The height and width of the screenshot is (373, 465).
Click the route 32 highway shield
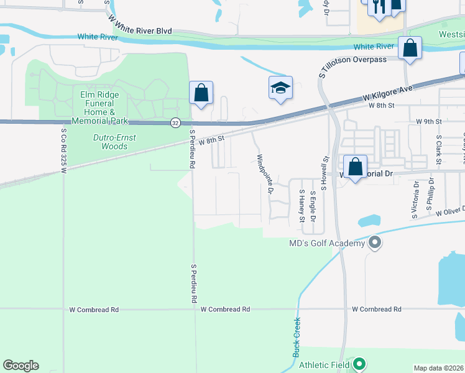[176, 123]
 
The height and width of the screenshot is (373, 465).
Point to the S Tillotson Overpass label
[352, 60]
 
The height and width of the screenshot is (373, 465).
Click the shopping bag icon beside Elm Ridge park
[201, 93]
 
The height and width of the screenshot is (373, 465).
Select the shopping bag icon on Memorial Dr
[355, 167]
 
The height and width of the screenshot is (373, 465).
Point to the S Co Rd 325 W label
[64, 147]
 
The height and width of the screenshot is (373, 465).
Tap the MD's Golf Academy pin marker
[374, 242]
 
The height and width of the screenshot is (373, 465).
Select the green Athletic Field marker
[359, 364]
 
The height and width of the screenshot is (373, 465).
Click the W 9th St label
[428, 121]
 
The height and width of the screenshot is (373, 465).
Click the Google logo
[21, 366]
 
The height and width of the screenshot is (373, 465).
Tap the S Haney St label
[302, 205]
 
